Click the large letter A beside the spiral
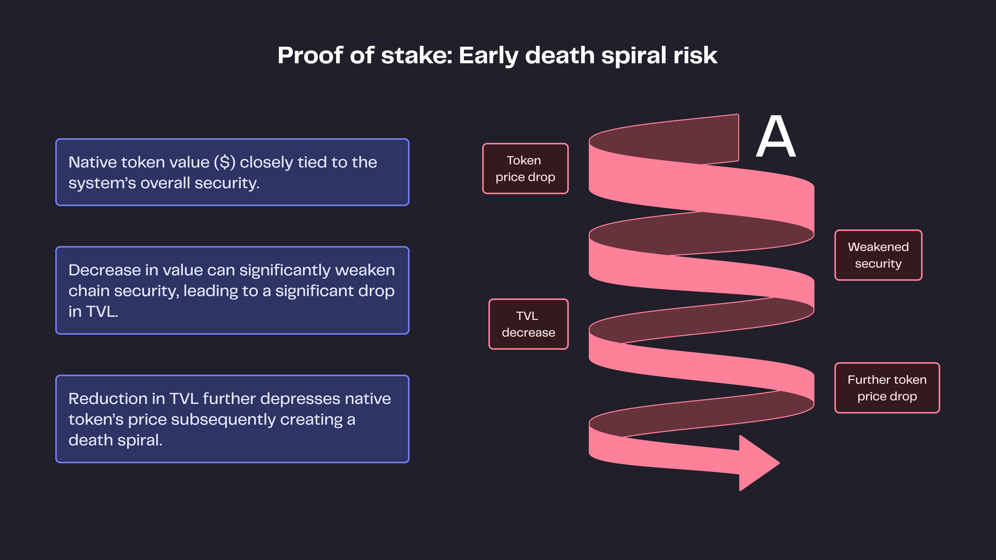point(776,137)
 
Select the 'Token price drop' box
point(525,169)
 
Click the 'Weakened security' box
point(878,255)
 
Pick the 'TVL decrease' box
point(528,324)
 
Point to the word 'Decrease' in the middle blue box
point(104,270)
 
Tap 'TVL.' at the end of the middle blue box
point(102,311)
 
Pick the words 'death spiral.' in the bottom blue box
point(115,440)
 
